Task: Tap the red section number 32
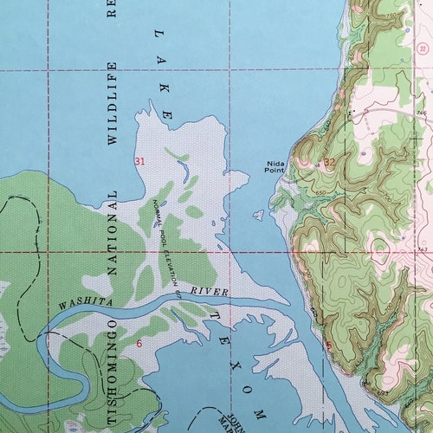coord(329,162)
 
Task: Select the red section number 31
coord(139,161)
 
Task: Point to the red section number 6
coord(139,344)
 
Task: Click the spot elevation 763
coord(423,249)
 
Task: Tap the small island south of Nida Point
coord(258,214)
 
